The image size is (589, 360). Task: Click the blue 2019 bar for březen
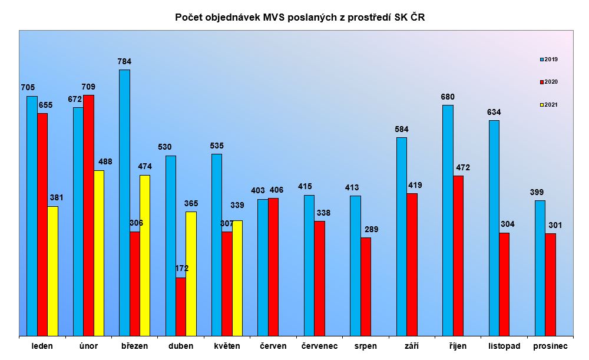tap(124, 203)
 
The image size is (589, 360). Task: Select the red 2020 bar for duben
tap(181, 306)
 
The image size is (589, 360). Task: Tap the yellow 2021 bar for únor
tap(99, 253)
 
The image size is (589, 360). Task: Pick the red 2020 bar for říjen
tap(458, 256)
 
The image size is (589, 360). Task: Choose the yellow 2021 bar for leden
tap(53, 271)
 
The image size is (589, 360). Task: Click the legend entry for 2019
tap(550, 60)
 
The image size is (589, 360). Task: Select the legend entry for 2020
tap(550, 82)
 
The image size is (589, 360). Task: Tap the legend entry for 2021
tap(550, 105)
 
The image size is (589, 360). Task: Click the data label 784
tap(124, 61)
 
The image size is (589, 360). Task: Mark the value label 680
tap(448, 97)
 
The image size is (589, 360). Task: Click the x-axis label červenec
tap(319, 346)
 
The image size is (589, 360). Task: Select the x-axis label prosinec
tap(550, 346)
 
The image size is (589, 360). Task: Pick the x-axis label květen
tap(227, 346)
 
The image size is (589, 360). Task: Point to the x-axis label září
tap(412, 346)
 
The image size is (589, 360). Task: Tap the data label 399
tap(537, 192)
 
